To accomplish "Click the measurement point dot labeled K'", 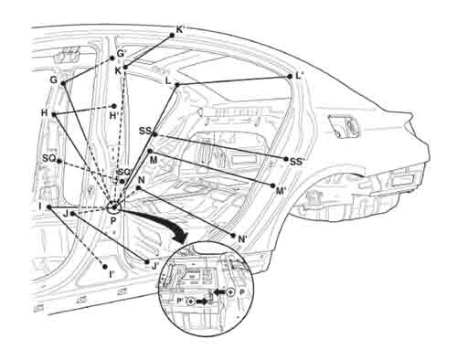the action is pos(172,36).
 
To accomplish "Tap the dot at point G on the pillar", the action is pos(63,83).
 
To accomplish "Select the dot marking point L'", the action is pos(290,77).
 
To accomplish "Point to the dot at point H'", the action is pos(114,106).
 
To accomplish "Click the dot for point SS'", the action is pos(286,159).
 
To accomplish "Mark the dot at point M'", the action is pos(272,185).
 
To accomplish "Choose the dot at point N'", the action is pos(233,236).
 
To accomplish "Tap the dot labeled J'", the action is pos(147,262).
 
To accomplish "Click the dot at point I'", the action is pos(105,267).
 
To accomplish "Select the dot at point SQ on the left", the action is pos(59,161).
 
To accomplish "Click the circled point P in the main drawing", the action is pos(114,207).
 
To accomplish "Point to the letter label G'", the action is pos(121,54).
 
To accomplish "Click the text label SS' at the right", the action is pos(297,162).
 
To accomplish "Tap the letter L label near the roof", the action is pos(168,81).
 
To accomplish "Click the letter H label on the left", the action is pos(45,113).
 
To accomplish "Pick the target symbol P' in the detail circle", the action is pos(190,302).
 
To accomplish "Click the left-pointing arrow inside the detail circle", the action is pos(219,292).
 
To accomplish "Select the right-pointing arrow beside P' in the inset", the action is pos(201,302).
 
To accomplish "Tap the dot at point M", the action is pos(150,151).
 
